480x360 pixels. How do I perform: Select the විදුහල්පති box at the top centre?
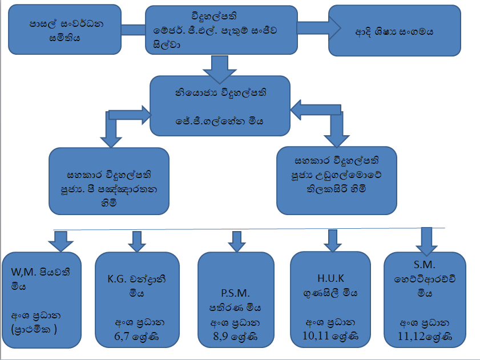click(x=220, y=29)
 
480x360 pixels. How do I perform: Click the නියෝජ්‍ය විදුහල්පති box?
click(x=220, y=106)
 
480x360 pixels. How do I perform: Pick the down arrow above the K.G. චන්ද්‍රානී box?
click(x=136, y=241)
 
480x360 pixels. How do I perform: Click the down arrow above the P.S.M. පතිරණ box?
click(x=235, y=241)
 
